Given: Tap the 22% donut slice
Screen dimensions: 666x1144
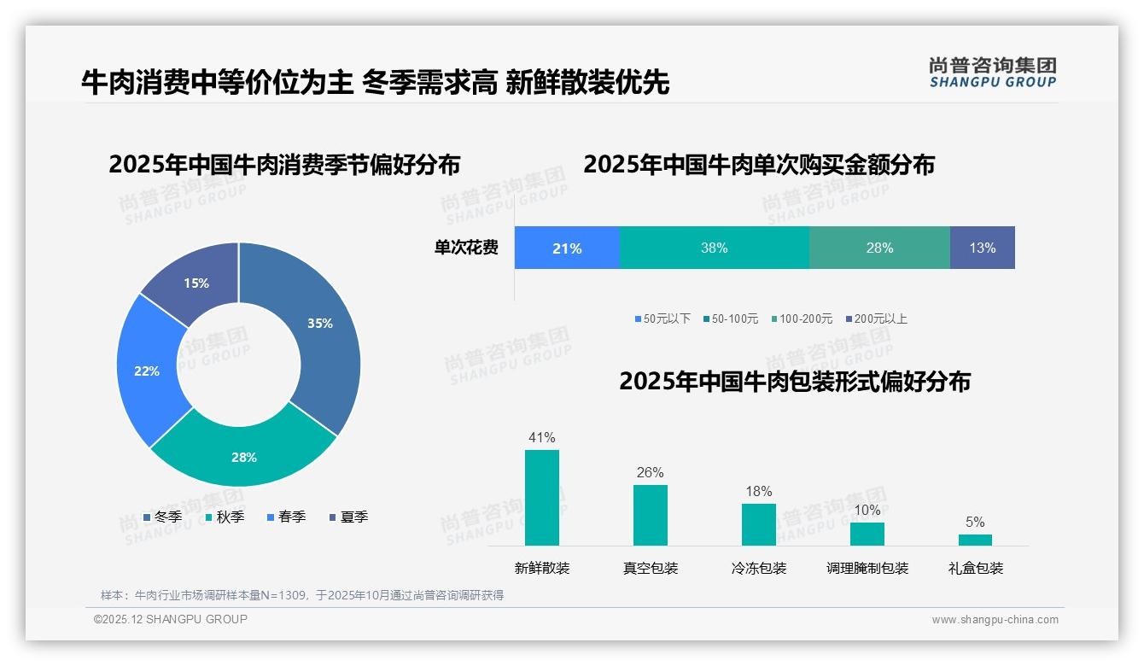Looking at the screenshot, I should point(147,371).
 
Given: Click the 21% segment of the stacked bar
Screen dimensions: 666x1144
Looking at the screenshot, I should point(567,248).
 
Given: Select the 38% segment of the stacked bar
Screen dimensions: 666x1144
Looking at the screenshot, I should point(714,248).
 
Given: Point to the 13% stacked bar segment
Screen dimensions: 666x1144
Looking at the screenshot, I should point(982,248).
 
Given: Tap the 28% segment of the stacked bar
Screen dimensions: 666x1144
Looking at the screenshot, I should point(879,248).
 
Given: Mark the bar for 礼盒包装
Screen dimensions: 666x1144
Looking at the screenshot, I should point(975,540).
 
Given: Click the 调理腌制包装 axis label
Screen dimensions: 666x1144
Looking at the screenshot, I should point(867,568).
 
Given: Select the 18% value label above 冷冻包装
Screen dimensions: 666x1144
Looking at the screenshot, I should point(758,491).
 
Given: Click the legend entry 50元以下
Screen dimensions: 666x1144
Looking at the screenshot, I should point(662,318).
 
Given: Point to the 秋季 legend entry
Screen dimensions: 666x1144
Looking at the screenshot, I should point(225,517).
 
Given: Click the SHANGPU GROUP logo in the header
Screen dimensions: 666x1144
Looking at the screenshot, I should point(992,72).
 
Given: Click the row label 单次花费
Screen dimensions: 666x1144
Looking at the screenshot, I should point(466,248).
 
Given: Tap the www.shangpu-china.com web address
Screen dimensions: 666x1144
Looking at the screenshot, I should point(995,619).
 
